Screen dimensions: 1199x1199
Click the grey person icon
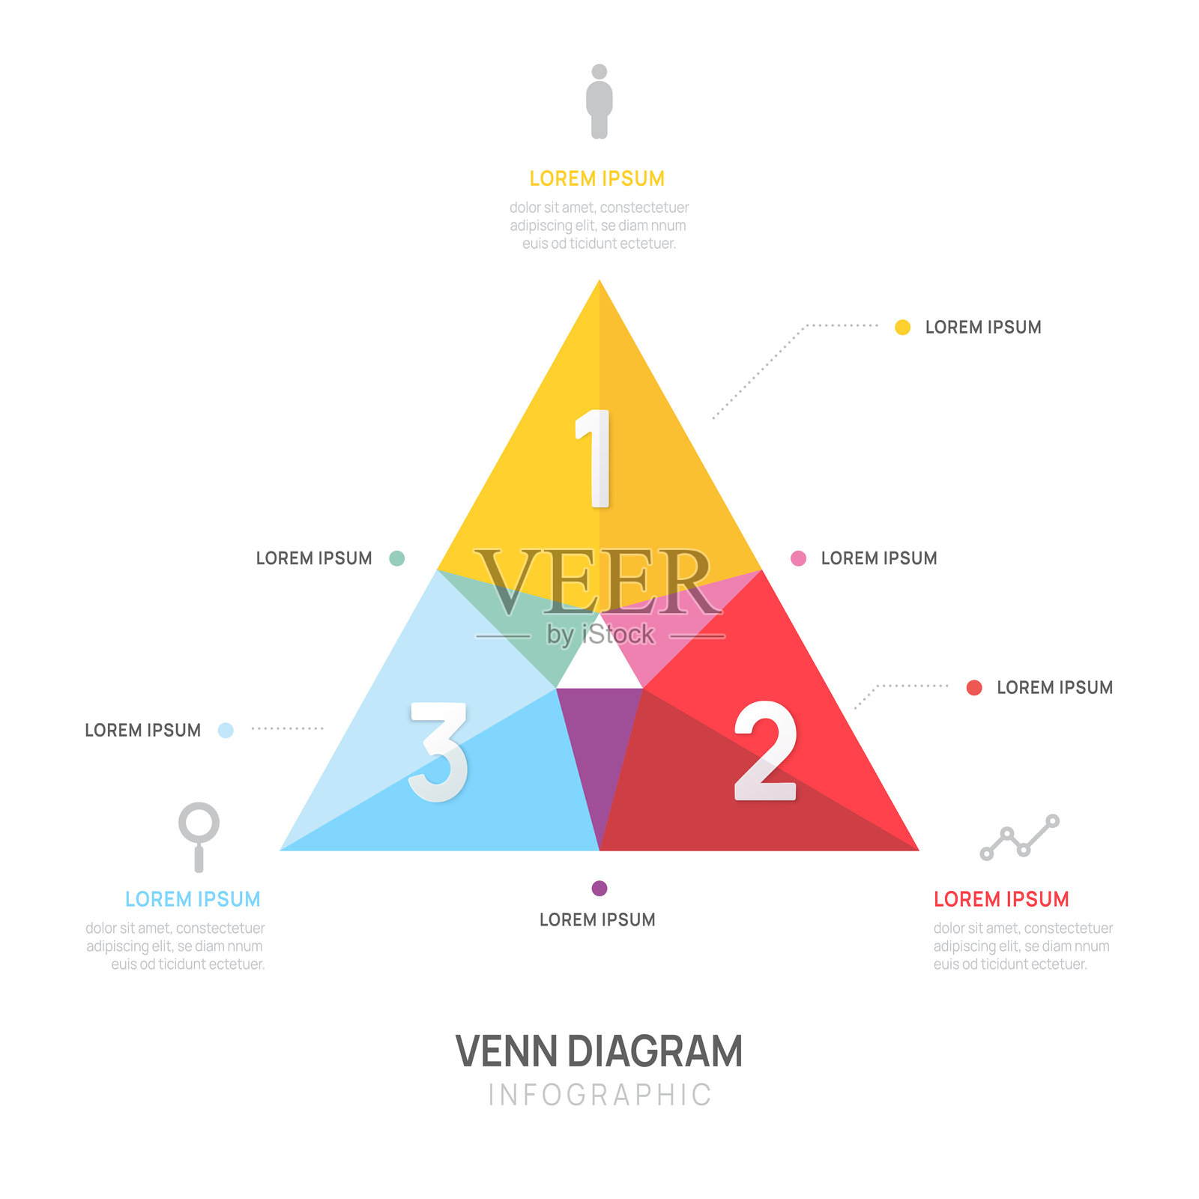tap(599, 102)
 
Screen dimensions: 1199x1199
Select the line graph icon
tap(1019, 837)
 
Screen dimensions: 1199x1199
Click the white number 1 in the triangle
tap(595, 459)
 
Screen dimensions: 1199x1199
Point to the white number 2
tap(764, 752)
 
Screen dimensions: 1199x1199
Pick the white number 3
tap(439, 752)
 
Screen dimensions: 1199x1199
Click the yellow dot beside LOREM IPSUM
tap(902, 327)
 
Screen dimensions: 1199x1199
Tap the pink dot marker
tap(798, 558)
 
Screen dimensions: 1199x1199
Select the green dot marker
tap(397, 558)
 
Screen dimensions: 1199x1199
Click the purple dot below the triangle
tap(599, 888)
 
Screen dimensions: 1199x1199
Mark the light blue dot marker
tap(226, 730)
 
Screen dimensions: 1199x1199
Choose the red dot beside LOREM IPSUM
tap(974, 688)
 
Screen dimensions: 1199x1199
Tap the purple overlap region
tap(599, 742)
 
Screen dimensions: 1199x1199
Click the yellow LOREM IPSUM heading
tap(597, 178)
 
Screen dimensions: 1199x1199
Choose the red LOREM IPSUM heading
tap(1001, 899)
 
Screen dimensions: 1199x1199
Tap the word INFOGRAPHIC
tap(599, 1095)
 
